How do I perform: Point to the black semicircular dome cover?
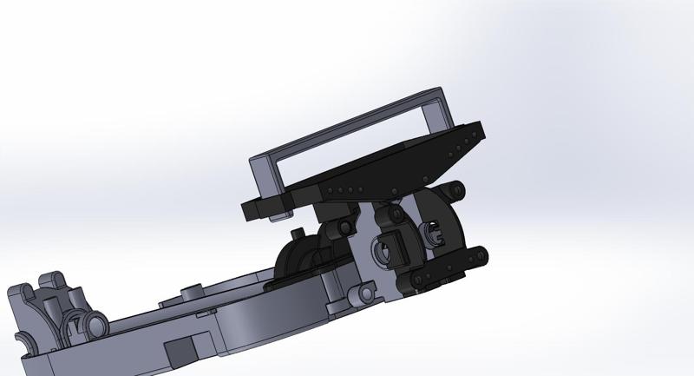pyautogui.click(x=299, y=256)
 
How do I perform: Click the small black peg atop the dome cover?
pyautogui.click(x=298, y=233)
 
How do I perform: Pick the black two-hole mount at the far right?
pyautogui.click(x=475, y=254)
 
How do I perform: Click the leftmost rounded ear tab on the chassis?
pyautogui.click(x=23, y=291)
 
